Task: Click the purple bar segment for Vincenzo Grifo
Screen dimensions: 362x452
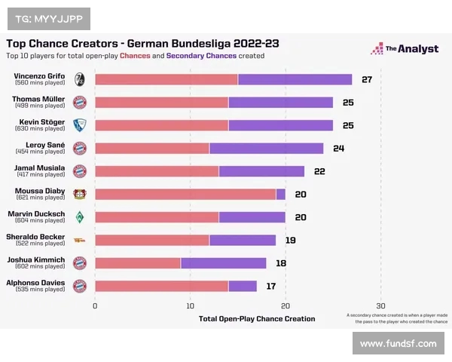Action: click(x=295, y=80)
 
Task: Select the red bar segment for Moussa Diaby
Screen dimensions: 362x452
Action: click(x=185, y=194)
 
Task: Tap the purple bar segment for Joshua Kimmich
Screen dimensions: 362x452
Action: click(x=223, y=262)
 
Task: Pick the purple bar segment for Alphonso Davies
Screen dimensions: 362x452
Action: click(x=243, y=286)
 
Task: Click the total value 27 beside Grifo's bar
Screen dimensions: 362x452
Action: click(x=367, y=80)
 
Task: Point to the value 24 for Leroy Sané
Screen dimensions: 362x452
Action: click(x=338, y=149)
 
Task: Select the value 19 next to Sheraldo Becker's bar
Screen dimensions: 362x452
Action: click(x=290, y=240)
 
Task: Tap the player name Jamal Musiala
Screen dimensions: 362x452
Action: click(x=40, y=167)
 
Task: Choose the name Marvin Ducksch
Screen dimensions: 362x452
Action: click(x=36, y=213)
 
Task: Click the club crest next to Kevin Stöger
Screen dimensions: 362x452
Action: click(x=79, y=125)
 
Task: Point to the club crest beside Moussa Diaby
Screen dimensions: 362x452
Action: click(x=79, y=194)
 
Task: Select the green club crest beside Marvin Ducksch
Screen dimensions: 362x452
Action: click(x=79, y=217)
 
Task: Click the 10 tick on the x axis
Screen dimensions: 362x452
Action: click(x=191, y=305)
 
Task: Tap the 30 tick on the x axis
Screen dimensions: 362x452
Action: click(x=380, y=305)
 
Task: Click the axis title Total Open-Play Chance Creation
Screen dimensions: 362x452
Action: click(x=257, y=318)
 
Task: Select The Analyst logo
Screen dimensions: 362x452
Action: click(x=404, y=49)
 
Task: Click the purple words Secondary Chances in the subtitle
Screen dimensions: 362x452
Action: click(x=201, y=55)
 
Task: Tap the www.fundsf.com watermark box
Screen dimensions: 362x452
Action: click(x=398, y=343)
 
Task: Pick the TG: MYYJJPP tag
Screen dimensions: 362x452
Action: click(x=48, y=17)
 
